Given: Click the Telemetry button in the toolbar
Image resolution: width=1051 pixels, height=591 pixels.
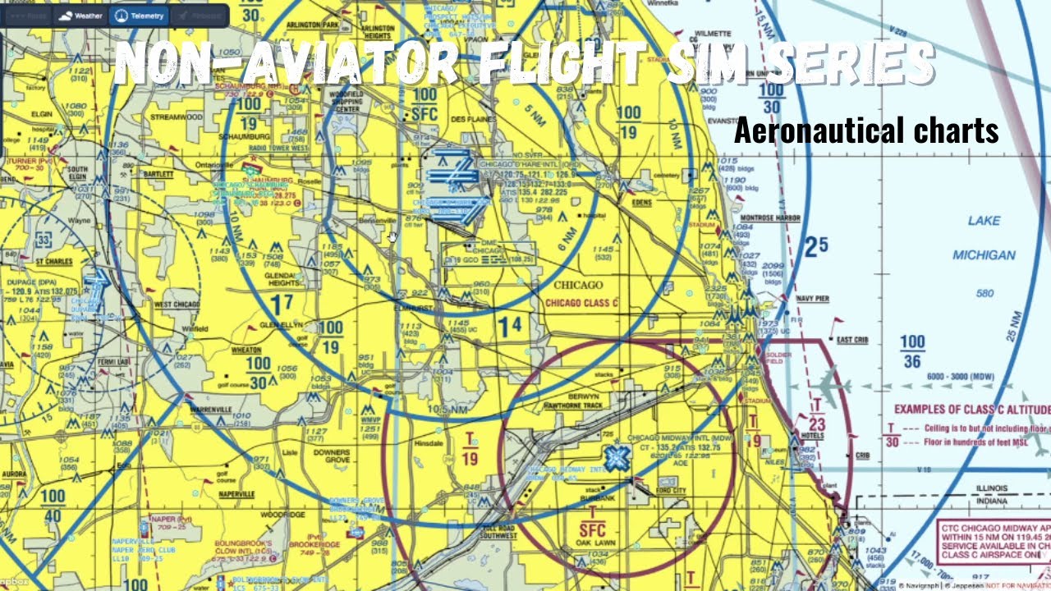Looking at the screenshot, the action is click(x=137, y=16).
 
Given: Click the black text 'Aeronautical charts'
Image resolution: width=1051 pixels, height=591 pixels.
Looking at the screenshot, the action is click(x=865, y=131).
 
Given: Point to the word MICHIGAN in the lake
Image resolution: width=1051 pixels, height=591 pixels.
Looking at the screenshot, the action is click(x=983, y=255).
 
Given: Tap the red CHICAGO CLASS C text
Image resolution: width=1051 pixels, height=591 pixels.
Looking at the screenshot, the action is click(x=582, y=303).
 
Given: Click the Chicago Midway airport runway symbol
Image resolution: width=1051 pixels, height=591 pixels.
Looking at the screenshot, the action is click(x=616, y=458).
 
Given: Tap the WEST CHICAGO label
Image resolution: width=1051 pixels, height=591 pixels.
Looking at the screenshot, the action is click(x=177, y=305).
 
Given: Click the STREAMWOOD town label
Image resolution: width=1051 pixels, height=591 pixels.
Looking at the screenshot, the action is click(x=177, y=117).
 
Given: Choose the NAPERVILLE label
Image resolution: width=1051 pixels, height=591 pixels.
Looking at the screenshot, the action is click(x=236, y=494).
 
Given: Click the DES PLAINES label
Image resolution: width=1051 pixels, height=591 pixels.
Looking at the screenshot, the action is click(x=470, y=119).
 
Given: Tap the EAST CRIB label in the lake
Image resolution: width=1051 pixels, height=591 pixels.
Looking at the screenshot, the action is click(x=853, y=339).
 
